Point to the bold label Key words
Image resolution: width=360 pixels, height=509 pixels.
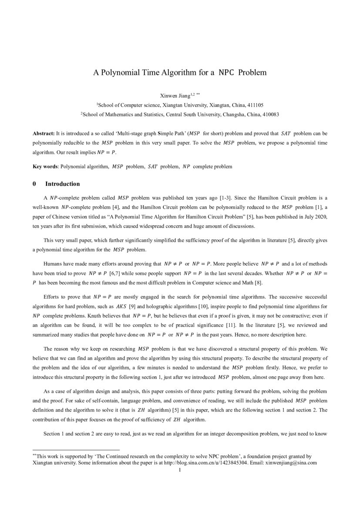45,166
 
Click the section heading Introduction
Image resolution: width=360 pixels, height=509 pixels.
62,184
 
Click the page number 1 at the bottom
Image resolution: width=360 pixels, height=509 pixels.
180,470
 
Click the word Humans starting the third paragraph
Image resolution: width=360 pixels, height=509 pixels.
53,264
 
